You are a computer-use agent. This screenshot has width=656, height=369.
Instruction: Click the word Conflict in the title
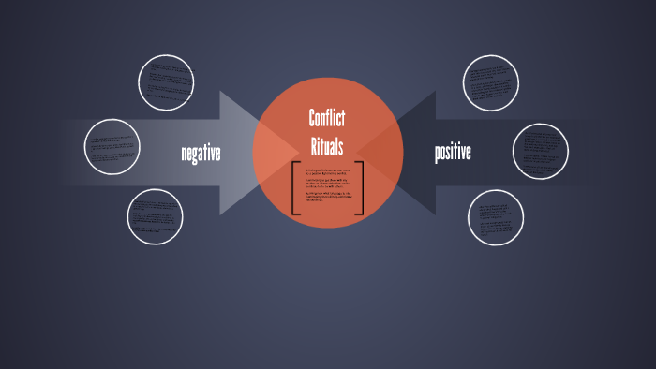pyautogui.click(x=327, y=118)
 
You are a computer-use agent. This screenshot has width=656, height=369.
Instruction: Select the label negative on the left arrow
pyautogui.click(x=201, y=153)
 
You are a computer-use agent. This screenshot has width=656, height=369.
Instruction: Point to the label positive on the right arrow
pyautogui.click(x=453, y=152)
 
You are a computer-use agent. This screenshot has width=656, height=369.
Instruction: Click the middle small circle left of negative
pyautogui.click(x=112, y=146)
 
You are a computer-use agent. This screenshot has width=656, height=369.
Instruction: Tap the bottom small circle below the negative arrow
pyautogui.click(x=156, y=216)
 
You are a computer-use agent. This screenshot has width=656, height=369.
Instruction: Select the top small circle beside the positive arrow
pyautogui.click(x=490, y=82)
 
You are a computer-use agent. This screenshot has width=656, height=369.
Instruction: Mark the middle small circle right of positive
pyautogui.click(x=541, y=151)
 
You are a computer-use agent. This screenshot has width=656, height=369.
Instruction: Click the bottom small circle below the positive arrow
pyautogui.click(x=496, y=217)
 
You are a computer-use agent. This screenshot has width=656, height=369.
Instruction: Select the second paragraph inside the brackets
pyautogui.click(x=327, y=184)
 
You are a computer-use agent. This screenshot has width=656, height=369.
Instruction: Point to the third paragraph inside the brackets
pyautogui.click(x=327, y=198)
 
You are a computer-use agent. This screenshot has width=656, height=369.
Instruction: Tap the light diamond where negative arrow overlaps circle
pyautogui.click(x=269, y=153)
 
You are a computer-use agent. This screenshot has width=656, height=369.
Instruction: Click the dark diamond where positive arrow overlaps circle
pyautogui.click(x=386, y=153)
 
